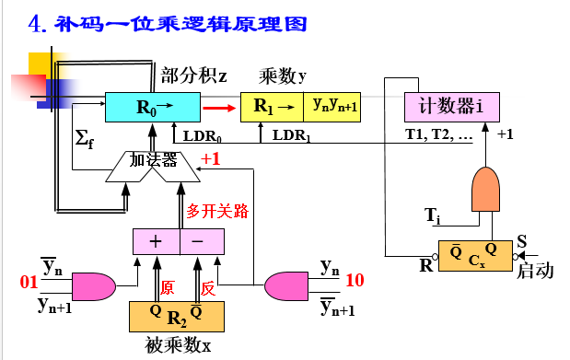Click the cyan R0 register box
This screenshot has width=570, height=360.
[x=151, y=108]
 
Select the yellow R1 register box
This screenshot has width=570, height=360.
[x=271, y=108]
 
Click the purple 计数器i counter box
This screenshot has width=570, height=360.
[x=451, y=106]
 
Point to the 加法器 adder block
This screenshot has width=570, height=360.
[x=152, y=162]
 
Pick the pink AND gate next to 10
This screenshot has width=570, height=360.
[x=288, y=286]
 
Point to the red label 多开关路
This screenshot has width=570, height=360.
[x=217, y=211]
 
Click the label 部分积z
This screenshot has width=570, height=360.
[x=193, y=75]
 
